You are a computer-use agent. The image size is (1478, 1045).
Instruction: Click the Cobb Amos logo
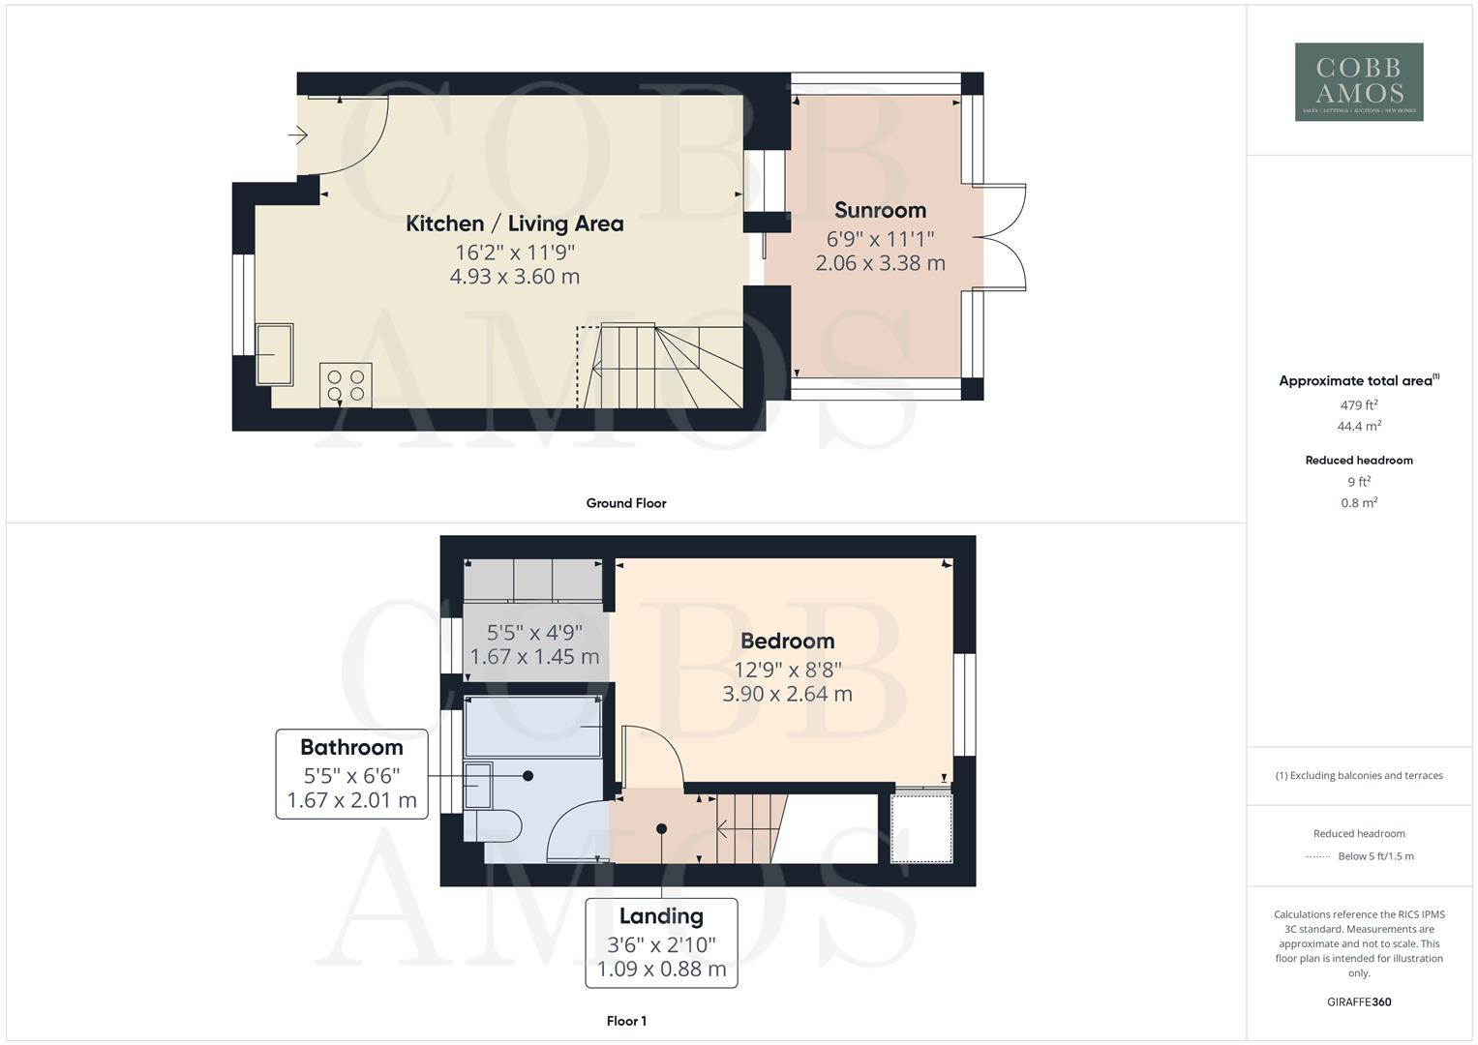[1358, 81]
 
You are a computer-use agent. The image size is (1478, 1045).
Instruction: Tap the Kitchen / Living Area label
[514, 224]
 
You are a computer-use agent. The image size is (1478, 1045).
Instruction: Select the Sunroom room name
[880, 210]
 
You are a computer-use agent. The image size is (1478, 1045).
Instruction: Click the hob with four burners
[346, 385]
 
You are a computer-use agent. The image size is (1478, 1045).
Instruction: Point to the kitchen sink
[274, 354]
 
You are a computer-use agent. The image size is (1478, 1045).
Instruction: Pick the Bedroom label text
[787, 641]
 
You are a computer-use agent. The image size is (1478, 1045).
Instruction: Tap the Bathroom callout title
[351, 747]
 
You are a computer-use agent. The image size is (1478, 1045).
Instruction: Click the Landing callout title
[661, 915]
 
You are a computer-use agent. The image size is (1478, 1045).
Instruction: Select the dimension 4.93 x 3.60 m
[514, 277]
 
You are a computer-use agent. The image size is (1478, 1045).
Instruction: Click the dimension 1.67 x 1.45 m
[534, 657]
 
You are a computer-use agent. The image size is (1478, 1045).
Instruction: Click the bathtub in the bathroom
[533, 727]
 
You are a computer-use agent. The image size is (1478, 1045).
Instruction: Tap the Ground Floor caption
[625, 503]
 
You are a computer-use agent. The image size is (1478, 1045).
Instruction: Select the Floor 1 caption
[625, 1021]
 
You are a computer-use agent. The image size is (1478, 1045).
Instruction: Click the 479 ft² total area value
[1358, 405]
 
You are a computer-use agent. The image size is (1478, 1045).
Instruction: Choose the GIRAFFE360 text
[1358, 1001]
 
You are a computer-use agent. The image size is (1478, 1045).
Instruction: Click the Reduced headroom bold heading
[1358, 461]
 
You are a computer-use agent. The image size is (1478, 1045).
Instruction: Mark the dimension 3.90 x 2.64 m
[787, 694]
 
